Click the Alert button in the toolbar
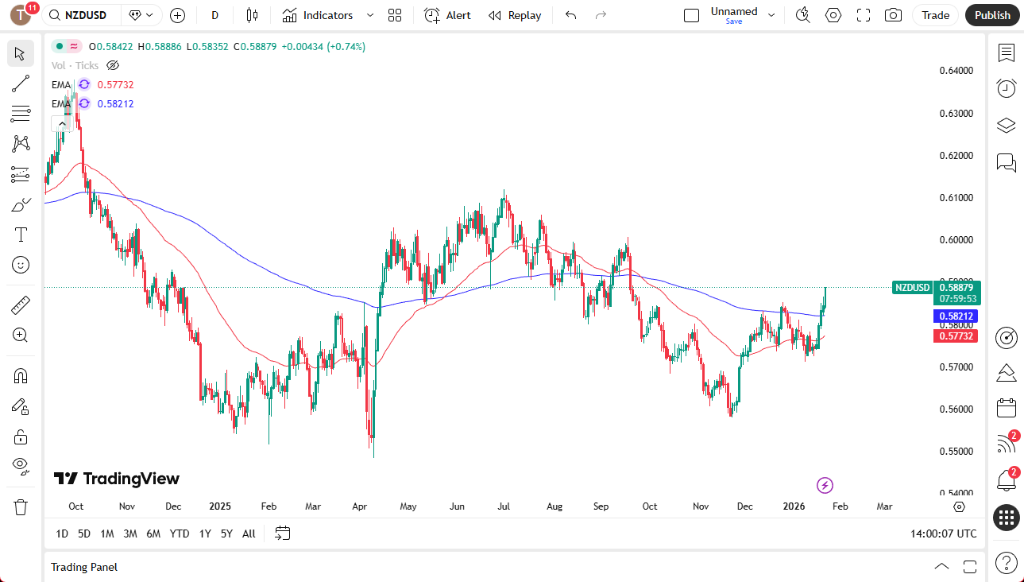(447, 15)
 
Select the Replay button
(515, 15)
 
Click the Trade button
(935, 15)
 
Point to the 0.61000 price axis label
(956, 198)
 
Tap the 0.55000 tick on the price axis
(956, 452)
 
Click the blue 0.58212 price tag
(957, 316)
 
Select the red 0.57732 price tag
(957, 336)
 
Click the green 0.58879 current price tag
(957, 287)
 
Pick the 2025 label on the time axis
(220, 506)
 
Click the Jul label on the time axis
(504, 506)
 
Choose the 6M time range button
(153, 533)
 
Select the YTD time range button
(180, 533)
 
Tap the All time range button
(249, 533)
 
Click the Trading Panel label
(84, 567)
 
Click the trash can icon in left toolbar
(21, 506)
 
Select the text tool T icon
(21, 235)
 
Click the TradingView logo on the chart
(117, 479)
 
